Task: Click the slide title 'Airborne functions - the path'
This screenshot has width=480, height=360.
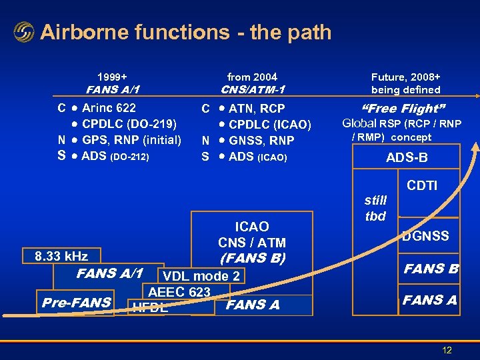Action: [185, 32]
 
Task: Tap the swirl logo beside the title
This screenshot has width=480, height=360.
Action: [23, 32]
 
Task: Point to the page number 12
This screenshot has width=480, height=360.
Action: [447, 350]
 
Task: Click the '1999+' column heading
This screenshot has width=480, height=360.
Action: [114, 77]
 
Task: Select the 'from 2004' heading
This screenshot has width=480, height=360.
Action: [252, 77]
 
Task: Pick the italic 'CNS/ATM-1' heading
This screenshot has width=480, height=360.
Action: [253, 89]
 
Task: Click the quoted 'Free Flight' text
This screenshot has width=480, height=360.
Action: [403, 109]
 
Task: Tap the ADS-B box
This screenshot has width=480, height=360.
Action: [407, 158]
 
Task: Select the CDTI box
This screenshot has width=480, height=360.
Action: [421, 185]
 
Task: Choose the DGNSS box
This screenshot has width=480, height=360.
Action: [425, 236]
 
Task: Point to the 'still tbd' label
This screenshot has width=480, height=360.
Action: [376, 208]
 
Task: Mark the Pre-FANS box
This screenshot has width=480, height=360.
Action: [76, 302]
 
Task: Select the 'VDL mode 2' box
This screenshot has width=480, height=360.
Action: [201, 276]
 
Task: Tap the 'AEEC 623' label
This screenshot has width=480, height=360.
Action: [179, 291]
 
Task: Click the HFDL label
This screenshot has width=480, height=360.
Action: [151, 307]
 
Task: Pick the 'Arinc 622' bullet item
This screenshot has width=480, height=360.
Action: [108, 108]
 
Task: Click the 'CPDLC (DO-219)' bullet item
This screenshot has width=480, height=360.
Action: [129, 124]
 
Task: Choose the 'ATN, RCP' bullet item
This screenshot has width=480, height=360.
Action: [256, 108]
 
